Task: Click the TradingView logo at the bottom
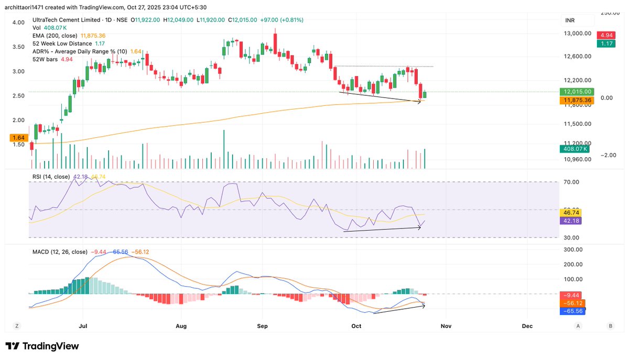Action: (42, 346)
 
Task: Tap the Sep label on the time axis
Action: (262, 326)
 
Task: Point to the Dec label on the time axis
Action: (527, 326)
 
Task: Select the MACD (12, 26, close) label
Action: (59, 252)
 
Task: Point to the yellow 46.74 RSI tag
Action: (570, 213)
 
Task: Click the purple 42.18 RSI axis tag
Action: (570, 221)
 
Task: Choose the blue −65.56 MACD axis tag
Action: (572, 311)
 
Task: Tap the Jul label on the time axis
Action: (83, 326)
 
